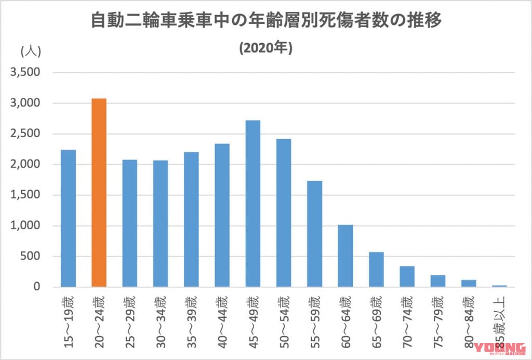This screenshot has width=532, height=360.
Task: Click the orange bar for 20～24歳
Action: point(99,192)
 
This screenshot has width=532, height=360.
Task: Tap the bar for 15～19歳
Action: point(68,218)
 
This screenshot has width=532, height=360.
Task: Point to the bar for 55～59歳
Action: point(315,234)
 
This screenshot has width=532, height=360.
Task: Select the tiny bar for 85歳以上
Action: point(499,286)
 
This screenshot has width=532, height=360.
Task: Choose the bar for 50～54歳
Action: point(284,212)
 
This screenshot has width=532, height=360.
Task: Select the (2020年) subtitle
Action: point(266,48)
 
